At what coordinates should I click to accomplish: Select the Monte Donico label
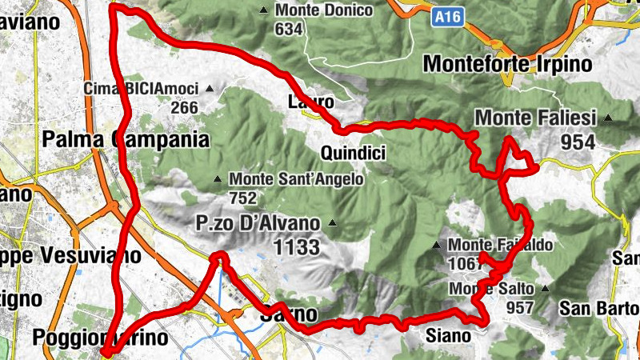click(x=323, y=10)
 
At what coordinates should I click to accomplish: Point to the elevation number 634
click(x=289, y=29)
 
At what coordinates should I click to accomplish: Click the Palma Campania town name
click(x=125, y=140)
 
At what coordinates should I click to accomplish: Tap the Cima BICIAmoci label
click(x=140, y=88)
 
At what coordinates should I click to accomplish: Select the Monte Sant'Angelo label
click(x=295, y=179)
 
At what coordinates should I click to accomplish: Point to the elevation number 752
click(x=242, y=198)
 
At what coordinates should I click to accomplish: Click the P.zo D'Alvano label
click(x=257, y=223)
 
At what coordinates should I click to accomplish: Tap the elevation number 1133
click(x=296, y=246)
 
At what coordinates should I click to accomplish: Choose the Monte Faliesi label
click(x=536, y=118)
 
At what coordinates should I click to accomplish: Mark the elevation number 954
click(x=578, y=142)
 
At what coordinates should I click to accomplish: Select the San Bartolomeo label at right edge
click(x=599, y=308)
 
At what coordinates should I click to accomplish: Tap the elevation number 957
click(x=519, y=307)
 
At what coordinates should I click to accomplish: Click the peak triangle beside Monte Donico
click(x=264, y=10)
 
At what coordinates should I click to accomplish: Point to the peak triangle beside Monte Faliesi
click(x=608, y=118)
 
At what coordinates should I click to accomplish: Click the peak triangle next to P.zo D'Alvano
click(x=332, y=223)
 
